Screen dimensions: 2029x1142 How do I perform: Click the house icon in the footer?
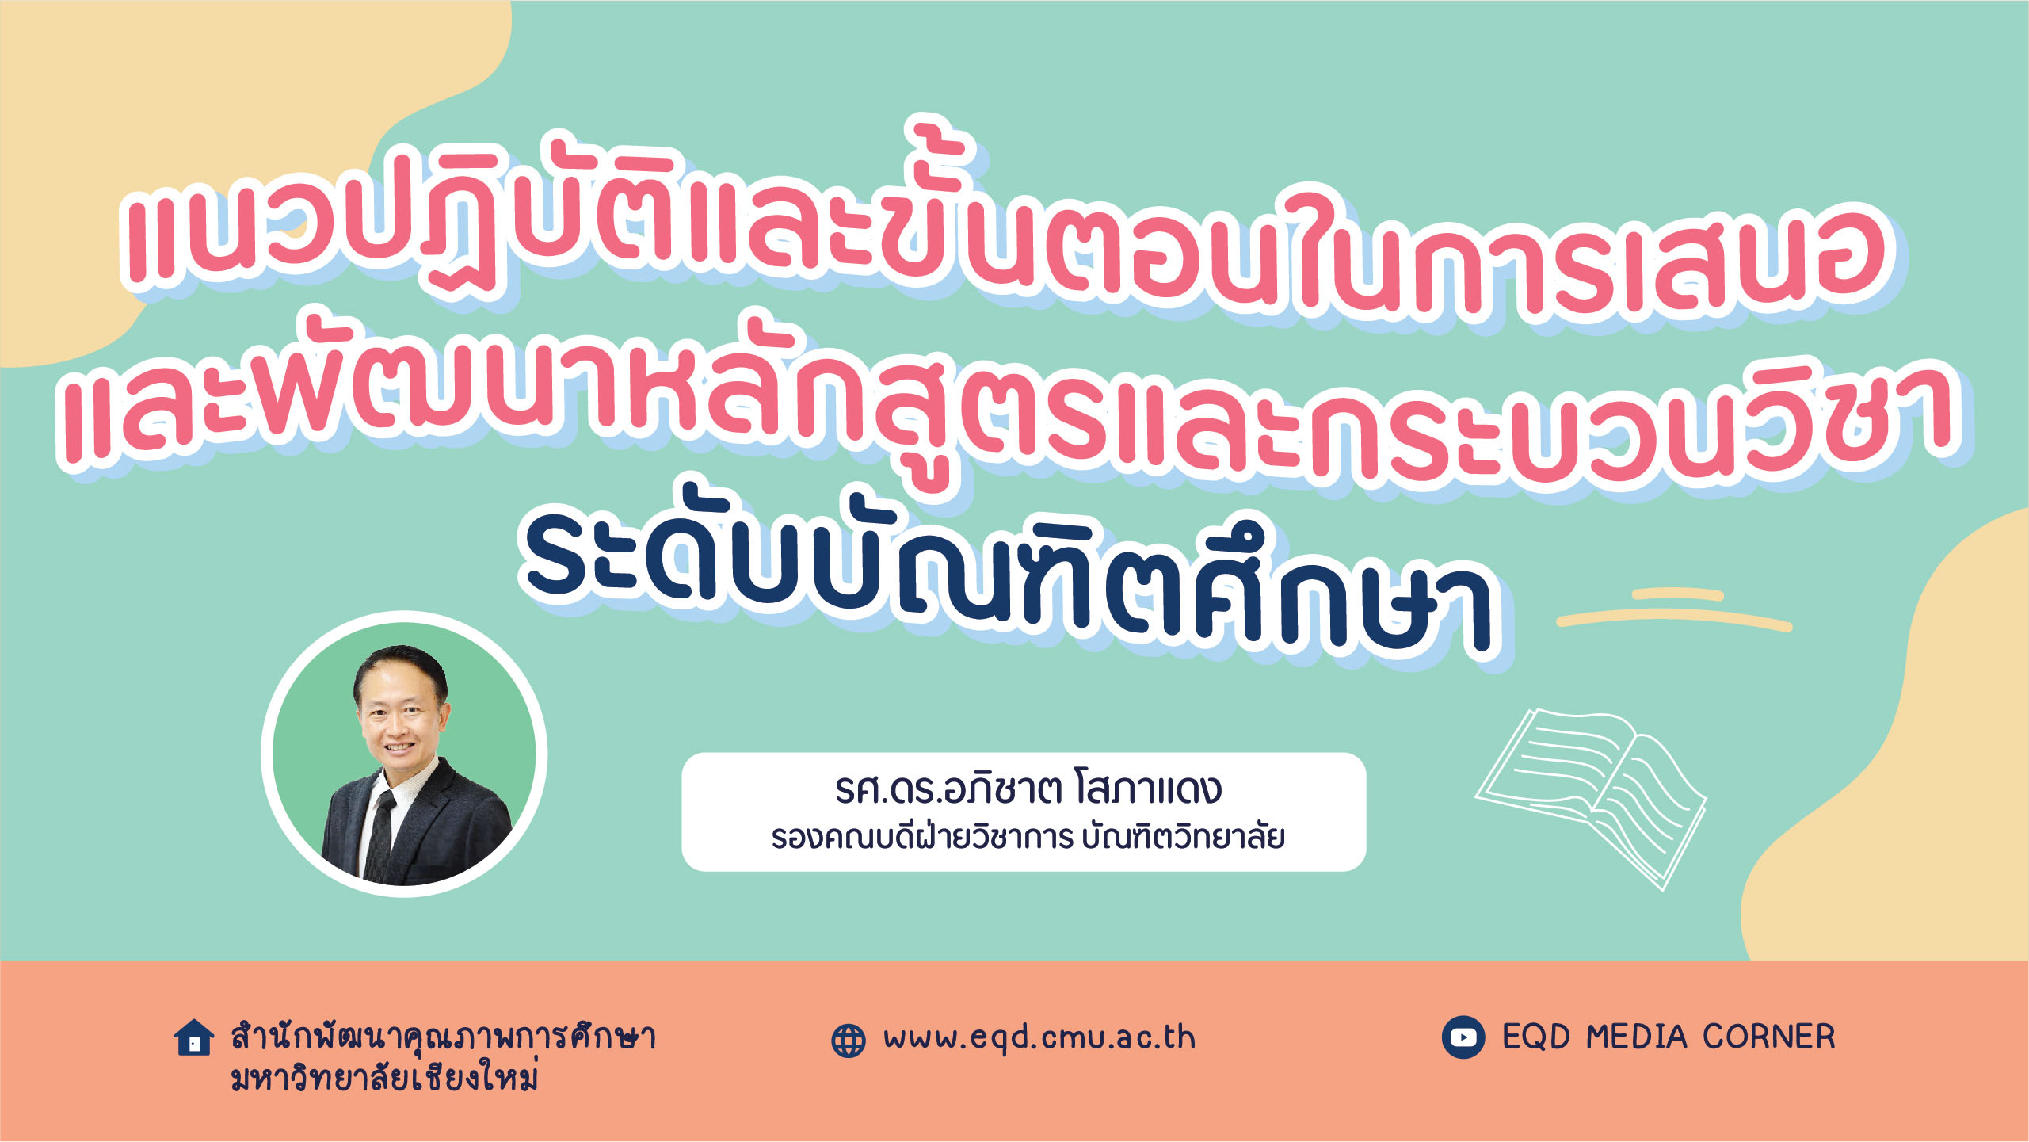(194, 1038)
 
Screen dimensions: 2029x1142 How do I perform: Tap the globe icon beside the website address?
(849, 1041)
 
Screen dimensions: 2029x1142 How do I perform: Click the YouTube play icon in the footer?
(1463, 1037)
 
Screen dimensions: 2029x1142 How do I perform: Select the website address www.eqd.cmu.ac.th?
(1039, 1038)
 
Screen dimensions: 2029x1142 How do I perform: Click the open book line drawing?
(1591, 798)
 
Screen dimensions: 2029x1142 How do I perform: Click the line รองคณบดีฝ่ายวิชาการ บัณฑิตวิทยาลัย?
(1028, 837)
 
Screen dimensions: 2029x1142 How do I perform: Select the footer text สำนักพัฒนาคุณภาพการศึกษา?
(443, 1037)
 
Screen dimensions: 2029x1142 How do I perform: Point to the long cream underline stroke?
(1674, 620)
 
